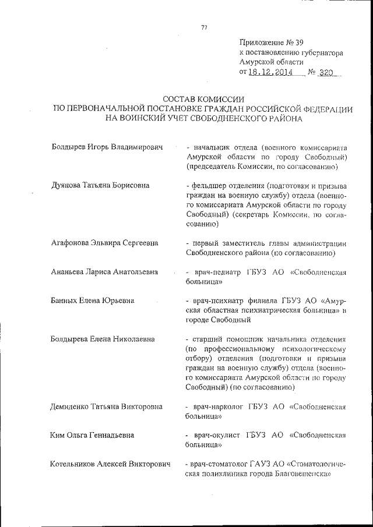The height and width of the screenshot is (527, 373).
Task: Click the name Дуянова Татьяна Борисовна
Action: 100,186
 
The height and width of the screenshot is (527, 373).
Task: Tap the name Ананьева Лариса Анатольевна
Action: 105,272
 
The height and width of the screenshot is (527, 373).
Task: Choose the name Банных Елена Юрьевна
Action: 92,300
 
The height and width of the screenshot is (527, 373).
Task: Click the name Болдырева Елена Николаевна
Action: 103,339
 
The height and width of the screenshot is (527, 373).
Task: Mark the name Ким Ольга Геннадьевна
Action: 92,435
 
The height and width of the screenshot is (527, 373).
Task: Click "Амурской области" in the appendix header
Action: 271,62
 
